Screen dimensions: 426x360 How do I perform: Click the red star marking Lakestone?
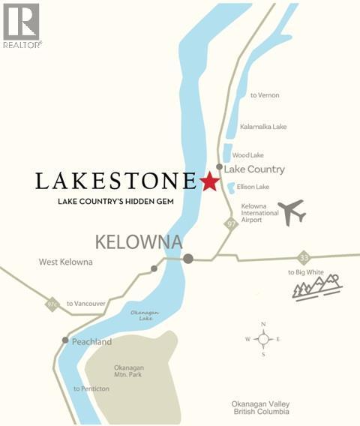click(x=209, y=181)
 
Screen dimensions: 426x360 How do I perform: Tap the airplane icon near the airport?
click(x=291, y=212)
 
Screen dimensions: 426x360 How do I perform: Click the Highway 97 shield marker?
click(x=232, y=224)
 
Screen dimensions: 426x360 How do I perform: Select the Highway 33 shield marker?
click(x=303, y=256)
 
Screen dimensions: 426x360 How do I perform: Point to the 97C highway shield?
click(x=52, y=304)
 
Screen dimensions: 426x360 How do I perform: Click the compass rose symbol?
click(x=263, y=339)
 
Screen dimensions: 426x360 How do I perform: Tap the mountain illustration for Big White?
click(x=316, y=287)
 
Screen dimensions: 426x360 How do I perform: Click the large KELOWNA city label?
click(x=139, y=242)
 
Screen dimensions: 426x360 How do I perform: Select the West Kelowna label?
click(x=66, y=262)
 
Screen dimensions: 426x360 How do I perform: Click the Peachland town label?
click(x=91, y=342)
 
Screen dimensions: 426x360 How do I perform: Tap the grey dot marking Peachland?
click(x=65, y=340)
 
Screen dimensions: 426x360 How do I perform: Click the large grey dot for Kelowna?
click(x=188, y=259)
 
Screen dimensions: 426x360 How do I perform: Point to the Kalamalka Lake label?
click(x=263, y=127)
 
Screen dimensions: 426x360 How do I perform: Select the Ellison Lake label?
click(x=253, y=187)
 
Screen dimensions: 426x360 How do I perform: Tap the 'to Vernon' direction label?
click(x=264, y=95)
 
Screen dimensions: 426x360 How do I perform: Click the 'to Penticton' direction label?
click(x=91, y=388)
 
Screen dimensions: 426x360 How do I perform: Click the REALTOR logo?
click(x=22, y=25)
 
